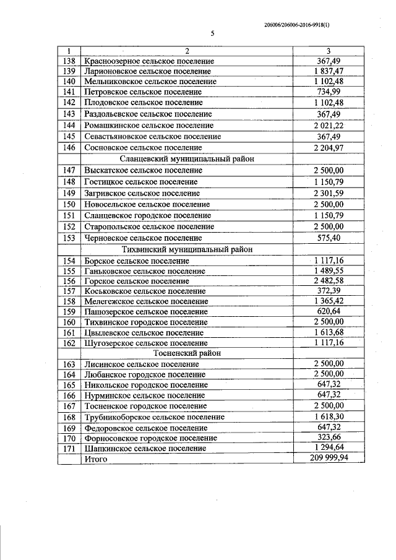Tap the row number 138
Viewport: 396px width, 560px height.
[x=69, y=61]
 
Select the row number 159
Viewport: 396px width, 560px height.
[x=69, y=311]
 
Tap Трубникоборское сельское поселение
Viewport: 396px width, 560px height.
[x=153, y=416]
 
